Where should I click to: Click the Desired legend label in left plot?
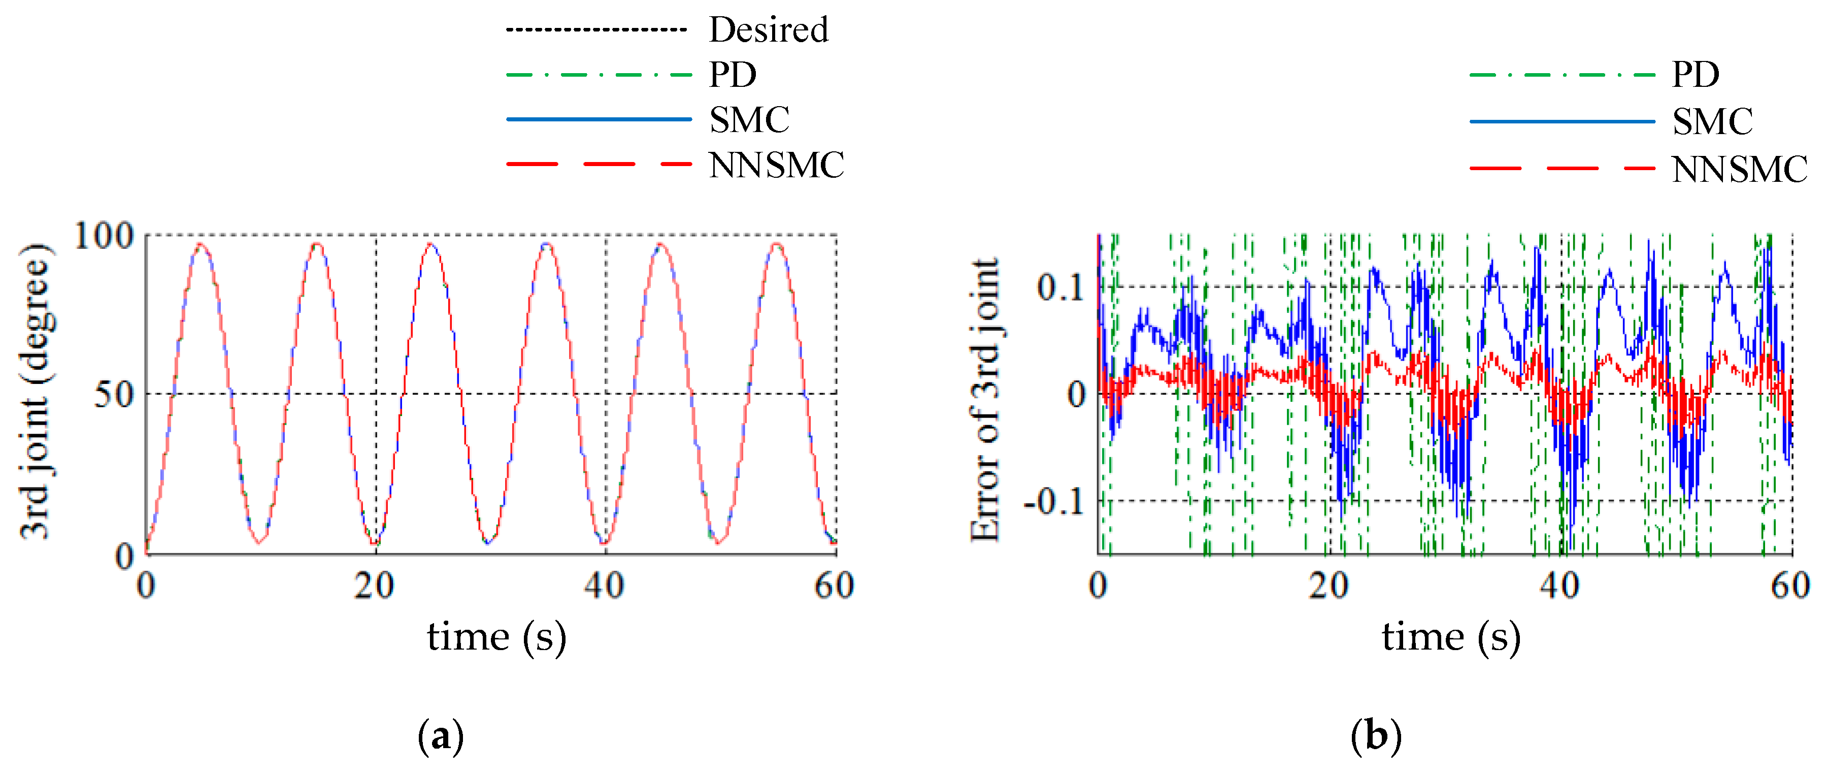pyautogui.click(x=769, y=30)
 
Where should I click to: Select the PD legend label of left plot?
pyautogui.click(x=733, y=75)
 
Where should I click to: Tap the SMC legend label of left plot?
pyautogui.click(x=749, y=119)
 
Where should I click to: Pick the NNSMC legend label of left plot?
pyautogui.click(x=776, y=165)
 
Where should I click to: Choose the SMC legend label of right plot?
pyautogui.click(x=1712, y=121)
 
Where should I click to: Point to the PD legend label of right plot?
pyautogui.click(x=1696, y=75)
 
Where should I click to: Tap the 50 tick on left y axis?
pyautogui.click(x=113, y=394)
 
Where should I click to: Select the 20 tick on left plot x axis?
pyautogui.click(x=374, y=586)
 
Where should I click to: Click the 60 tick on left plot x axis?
pyautogui.click(x=835, y=586)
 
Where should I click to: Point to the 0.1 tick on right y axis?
pyautogui.click(x=1060, y=287)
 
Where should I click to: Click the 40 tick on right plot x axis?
pyautogui.click(x=1559, y=586)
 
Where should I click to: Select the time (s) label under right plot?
pyautogui.click(x=1451, y=636)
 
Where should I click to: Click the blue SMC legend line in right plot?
pyautogui.click(x=1562, y=122)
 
